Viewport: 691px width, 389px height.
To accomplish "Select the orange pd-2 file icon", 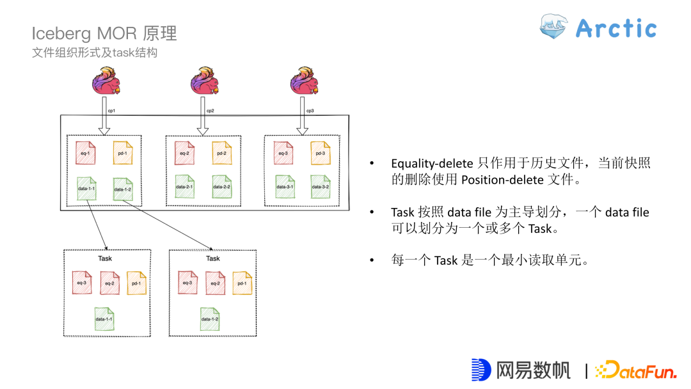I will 221,153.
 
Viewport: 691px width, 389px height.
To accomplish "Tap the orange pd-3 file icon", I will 321,153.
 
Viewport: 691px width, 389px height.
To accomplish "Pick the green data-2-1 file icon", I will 184,186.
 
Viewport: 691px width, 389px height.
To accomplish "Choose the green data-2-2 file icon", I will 221,186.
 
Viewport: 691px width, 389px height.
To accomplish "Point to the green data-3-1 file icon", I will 285,186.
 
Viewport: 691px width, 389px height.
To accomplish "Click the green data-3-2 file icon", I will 321,186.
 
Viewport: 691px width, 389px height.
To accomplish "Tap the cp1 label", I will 111,111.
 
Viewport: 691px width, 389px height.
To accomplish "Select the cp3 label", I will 310,111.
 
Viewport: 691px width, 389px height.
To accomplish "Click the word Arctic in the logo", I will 616,28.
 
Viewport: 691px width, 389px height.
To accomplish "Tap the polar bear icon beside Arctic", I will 554,28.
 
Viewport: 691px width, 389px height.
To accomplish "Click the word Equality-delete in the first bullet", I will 433,164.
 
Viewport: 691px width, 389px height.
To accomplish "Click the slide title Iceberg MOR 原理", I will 104,33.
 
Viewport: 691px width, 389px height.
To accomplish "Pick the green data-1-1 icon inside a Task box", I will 104,318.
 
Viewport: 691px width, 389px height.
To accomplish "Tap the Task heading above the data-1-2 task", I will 213,258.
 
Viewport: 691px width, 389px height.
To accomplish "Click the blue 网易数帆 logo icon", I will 481,370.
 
